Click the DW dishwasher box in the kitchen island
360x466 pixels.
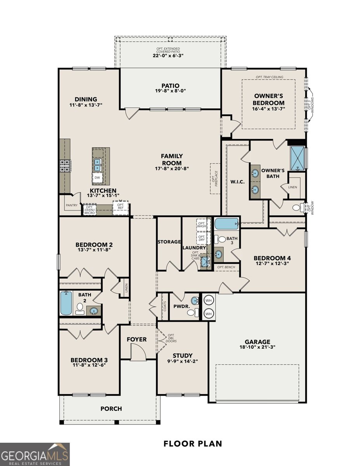click(x=97, y=178)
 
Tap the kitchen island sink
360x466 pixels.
click(x=97, y=165)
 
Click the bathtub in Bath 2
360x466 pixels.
click(x=66, y=303)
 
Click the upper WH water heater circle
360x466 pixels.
click(x=209, y=300)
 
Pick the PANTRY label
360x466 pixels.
click(x=71, y=205)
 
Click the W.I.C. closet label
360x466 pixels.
click(x=237, y=182)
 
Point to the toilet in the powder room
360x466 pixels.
click(x=196, y=312)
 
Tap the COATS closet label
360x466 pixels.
click(x=164, y=307)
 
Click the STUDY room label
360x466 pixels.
click(x=183, y=355)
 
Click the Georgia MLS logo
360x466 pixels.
click(x=35, y=454)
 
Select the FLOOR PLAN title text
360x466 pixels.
click(x=193, y=443)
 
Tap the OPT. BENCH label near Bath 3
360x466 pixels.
click(x=226, y=267)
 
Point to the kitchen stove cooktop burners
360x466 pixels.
click(x=64, y=165)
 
